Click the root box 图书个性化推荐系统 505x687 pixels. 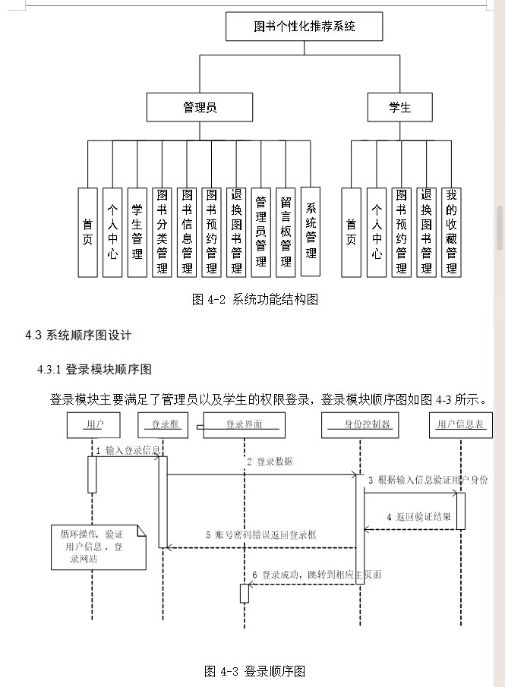(304, 27)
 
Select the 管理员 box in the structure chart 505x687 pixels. (200, 107)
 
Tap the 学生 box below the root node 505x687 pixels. (399, 107)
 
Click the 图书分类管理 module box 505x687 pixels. (162, 232)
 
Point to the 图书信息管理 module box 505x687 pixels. (187, 232)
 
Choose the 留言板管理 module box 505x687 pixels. (286, 232)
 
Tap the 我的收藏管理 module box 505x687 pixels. (451, 232)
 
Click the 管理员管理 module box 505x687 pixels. (260, 232)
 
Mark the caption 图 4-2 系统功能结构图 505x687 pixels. (254, 299)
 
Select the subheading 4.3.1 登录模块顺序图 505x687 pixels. (94, 370)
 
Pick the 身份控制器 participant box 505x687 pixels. (361, 424)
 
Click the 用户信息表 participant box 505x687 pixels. (460, 424)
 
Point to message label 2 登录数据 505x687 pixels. (270, 462)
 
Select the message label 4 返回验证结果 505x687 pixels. (418, 517)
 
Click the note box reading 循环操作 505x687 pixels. (97, 546)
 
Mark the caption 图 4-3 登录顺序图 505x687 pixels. (254, 671)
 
